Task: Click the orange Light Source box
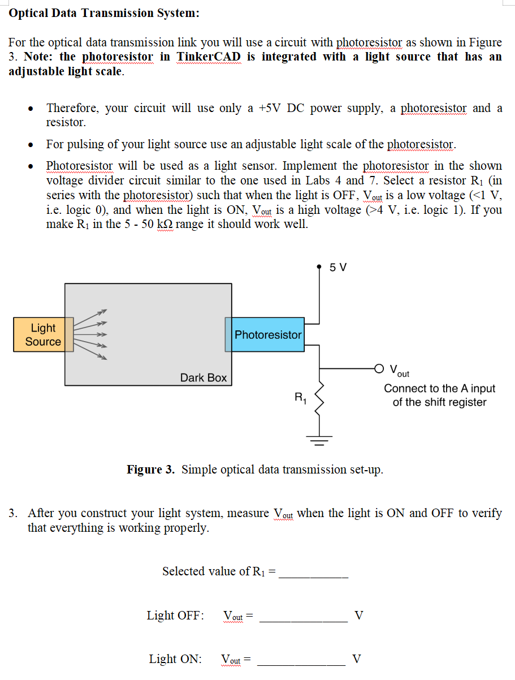click(43, 335)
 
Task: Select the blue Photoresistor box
click(267, 334)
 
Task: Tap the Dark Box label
click(203, 378)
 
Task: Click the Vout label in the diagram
click(399, 371)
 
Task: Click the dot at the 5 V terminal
click(321, 264)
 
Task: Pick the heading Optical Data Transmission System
click(105, 13)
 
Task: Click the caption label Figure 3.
click(150, 470)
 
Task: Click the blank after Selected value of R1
click(314, 574)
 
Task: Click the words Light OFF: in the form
click(175, 616)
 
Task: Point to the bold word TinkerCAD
click(209, 57)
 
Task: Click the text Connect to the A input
click(439, 389)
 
